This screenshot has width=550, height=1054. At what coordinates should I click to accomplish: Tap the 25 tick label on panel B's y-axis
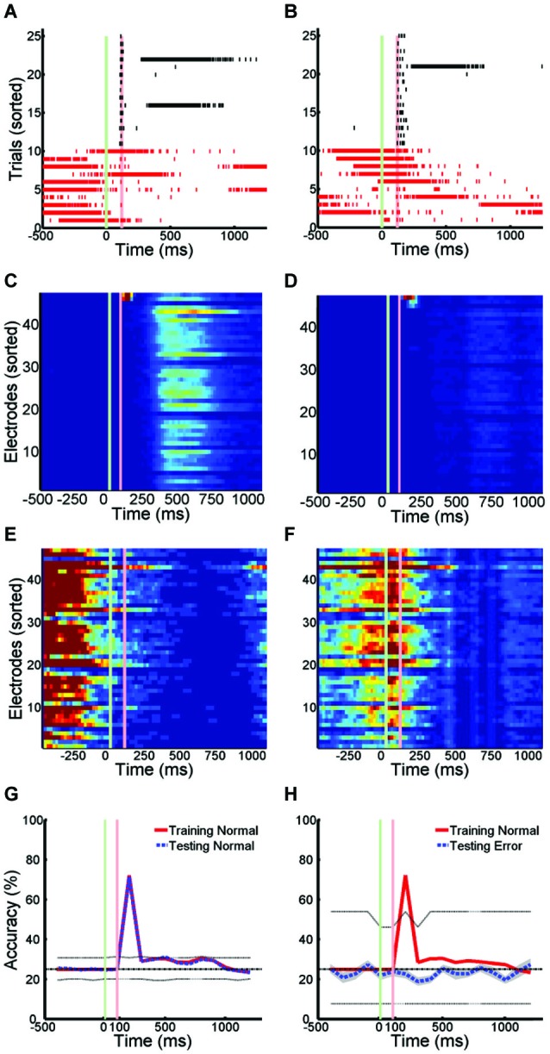point(303,36)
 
